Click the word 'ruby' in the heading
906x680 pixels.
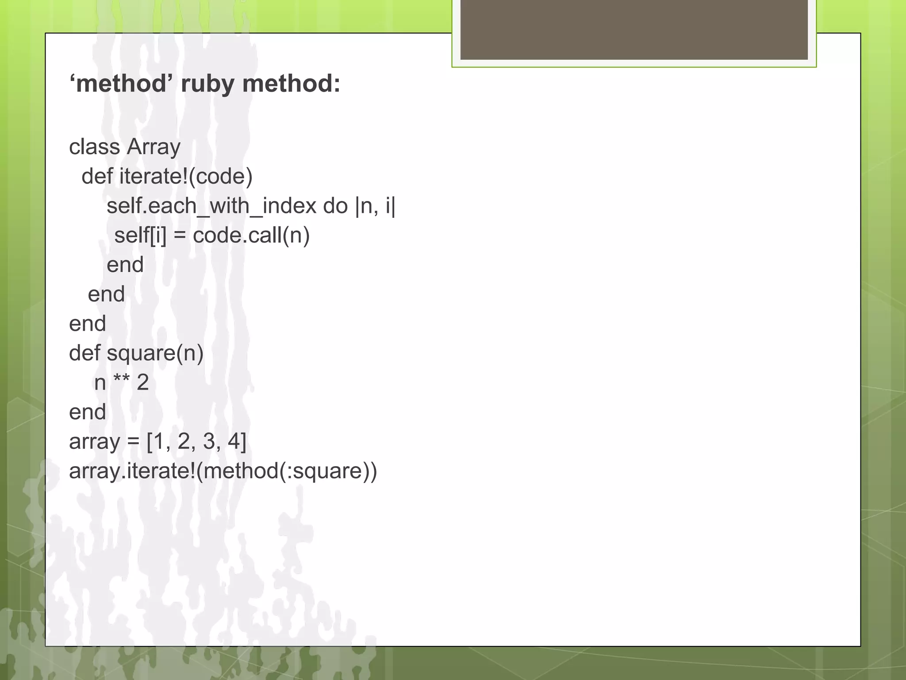pos(207,84)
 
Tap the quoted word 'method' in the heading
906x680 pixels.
pos(121,83)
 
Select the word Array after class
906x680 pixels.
pos(153,147)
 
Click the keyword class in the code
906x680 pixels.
pos(94,147)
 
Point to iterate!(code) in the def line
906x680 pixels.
pos(186,177)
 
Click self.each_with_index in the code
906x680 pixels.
pos(211,206)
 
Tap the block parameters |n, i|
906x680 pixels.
pos(375,206)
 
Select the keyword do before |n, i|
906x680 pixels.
pos(335,206)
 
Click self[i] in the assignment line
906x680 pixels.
pos(140,236)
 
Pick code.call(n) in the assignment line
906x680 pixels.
pos(251,236)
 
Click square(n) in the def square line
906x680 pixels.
pos(155,353)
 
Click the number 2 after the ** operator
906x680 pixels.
pos(143,382)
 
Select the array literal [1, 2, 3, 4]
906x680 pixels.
pos(196,442)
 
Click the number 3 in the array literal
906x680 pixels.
pos(209,441)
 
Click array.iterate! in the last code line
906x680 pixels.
pos(132,471)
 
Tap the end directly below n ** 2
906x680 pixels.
pos(88,412)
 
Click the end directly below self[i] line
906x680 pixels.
pos(125,265)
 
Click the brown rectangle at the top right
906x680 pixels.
pos(634,30)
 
